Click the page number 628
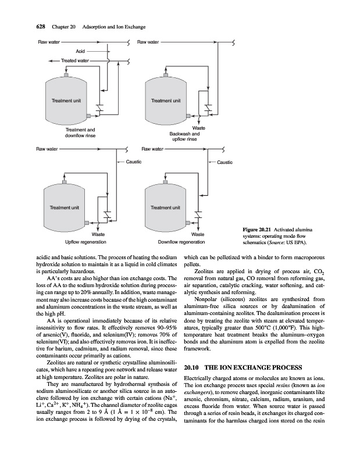click(41, 27)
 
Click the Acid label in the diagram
click(80, 51)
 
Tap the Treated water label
click(75, 60)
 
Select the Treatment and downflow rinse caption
click(80, 133)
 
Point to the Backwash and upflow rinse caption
click(184, 137)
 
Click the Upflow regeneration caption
click(85, 242)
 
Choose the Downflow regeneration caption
click(181, 242)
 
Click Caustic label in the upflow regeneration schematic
click(134, 162)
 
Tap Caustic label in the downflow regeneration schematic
click(224, 162)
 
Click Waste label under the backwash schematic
click(198, 128)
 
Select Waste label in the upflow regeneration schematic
click(98, 234)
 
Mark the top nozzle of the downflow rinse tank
click(66, 75)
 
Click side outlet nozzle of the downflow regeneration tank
click(188, 223)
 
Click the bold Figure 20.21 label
click(257, 230)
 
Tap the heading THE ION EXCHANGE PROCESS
click(254, 368)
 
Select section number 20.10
click(191, 368)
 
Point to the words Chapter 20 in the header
click(63, 27)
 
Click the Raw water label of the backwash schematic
click(148, 42)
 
